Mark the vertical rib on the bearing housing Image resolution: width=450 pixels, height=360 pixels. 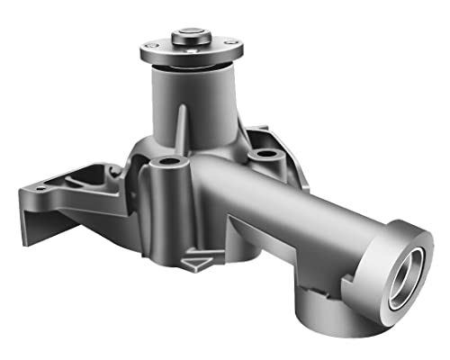coord(183,126)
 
